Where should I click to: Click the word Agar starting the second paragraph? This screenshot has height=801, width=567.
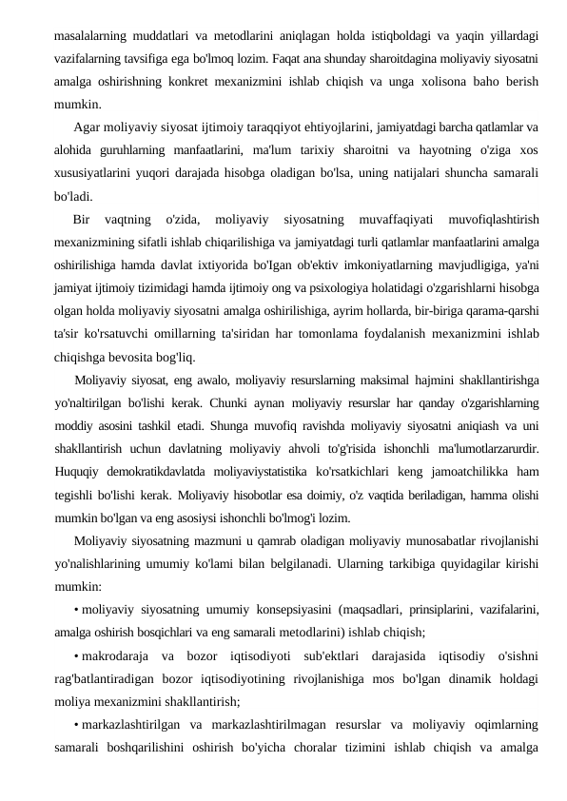click(88, 127)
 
